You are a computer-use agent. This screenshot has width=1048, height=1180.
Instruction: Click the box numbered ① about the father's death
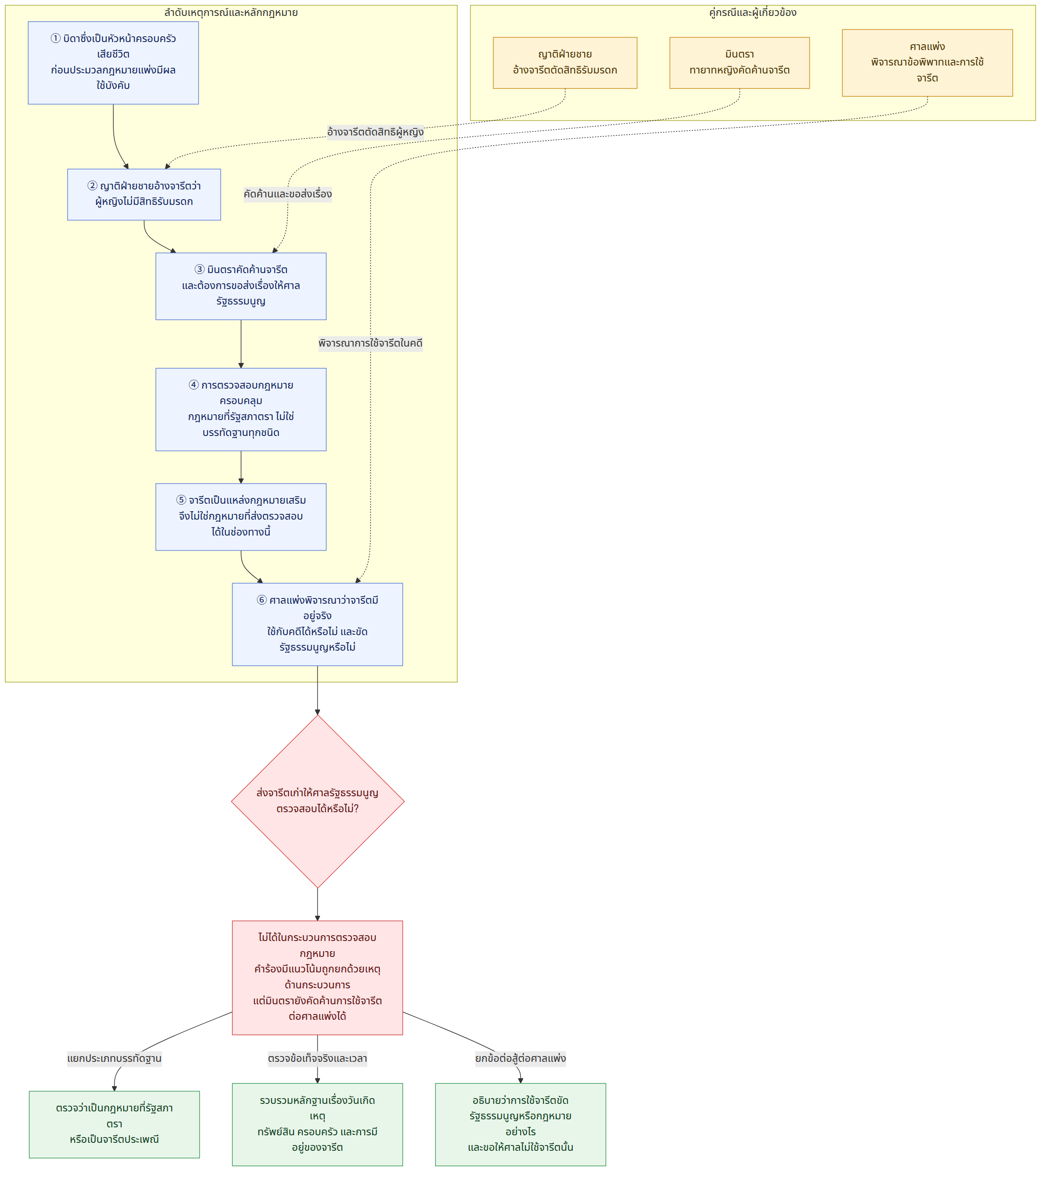[x=113, y=63]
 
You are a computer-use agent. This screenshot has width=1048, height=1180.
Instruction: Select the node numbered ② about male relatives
[x=144, y=195]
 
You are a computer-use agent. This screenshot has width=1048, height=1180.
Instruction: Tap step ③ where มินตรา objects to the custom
[x=241, y=286]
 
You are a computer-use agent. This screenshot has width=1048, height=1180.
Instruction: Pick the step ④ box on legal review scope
[x=241, y=409]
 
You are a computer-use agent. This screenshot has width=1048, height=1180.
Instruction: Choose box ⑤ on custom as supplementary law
[x=241, y=517]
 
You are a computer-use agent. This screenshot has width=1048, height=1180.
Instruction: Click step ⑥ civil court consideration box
[x=317, y=624]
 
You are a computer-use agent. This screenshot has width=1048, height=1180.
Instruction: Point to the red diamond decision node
[x=317, y=801]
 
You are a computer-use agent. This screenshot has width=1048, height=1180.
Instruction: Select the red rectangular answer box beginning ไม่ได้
[x=317, y=977]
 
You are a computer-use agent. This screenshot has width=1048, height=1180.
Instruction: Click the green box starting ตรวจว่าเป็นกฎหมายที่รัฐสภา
[x=114, y=1124]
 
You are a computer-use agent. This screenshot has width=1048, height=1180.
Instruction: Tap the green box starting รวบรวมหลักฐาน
[x=317, y=1124]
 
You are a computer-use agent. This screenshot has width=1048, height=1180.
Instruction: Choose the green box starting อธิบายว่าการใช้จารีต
[x=520, y=1124]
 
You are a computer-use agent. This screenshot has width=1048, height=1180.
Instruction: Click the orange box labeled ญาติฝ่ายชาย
[x=565, y=63]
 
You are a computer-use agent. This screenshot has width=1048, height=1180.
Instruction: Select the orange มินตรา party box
[x=739, y=63]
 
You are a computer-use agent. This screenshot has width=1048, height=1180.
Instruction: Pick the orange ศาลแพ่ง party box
[x=927, y=63]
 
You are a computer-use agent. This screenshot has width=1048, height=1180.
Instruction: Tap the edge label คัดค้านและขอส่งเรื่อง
[x=287, y=194]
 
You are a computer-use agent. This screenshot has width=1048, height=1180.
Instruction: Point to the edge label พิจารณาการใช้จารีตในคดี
[x=370, y=343]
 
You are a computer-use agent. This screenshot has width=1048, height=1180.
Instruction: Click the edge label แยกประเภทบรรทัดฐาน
[x=114, y=1058]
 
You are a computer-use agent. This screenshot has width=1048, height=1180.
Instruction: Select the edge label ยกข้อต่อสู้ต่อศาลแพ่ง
[x=520, y=1058]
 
